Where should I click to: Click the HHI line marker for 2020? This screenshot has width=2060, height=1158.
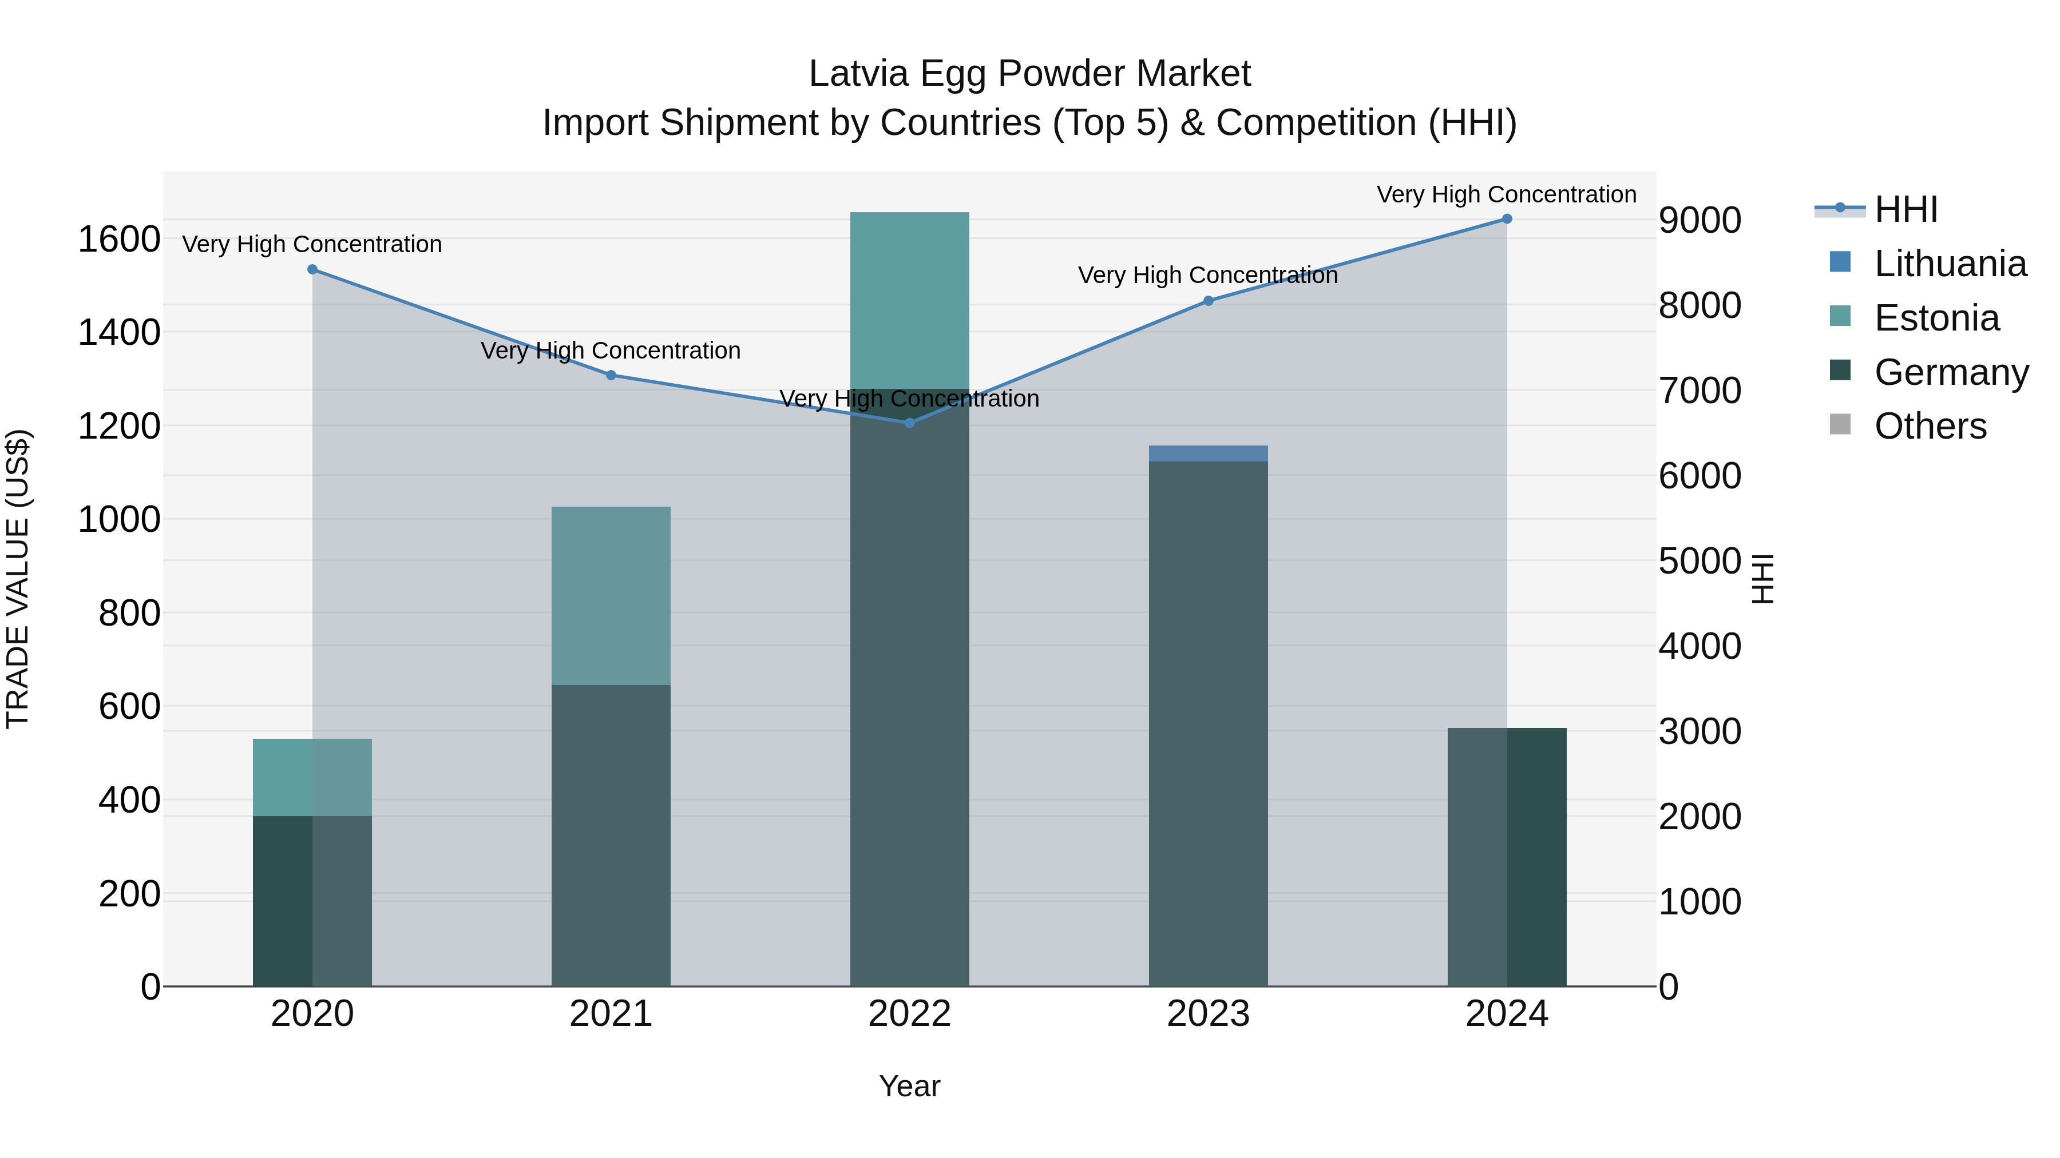tap(312, 269)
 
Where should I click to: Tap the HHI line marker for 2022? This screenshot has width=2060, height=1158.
tap(909, 423)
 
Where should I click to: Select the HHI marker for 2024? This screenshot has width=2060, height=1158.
tap(1507, 219)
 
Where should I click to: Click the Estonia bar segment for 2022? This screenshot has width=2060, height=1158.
tap(909, 300)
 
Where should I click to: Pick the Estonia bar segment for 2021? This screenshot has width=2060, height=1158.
tap(611, 595)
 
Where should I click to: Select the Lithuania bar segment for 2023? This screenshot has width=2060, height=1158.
tap(1209, 453)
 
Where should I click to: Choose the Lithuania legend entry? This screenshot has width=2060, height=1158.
tap(1950, 264)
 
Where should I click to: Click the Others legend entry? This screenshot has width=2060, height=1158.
tap(1930, 426)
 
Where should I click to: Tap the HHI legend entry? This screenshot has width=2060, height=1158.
tap(1905, 209)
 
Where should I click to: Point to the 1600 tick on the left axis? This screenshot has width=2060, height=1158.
tap(119, 239)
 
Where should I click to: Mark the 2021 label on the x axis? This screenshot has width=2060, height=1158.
tap(611, 1014)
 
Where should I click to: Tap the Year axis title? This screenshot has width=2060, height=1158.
tap(909, 1086)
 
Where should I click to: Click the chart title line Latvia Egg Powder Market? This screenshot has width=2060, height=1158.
tap(1029, 74)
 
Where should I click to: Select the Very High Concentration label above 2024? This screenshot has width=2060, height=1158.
tap(1507, 194)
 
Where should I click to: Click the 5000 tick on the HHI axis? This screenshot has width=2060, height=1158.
tap(1700, 561)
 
